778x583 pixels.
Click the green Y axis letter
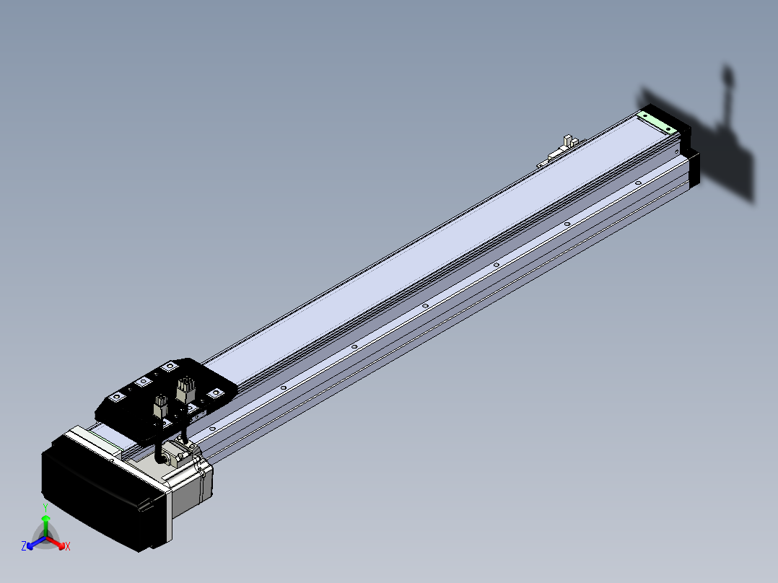coord(45,507)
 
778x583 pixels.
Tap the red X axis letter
coord(68,546)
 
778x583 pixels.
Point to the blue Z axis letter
coord(24,546)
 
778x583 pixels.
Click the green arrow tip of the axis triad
coord(45,518)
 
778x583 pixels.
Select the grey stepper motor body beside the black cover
coord(191,488)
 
